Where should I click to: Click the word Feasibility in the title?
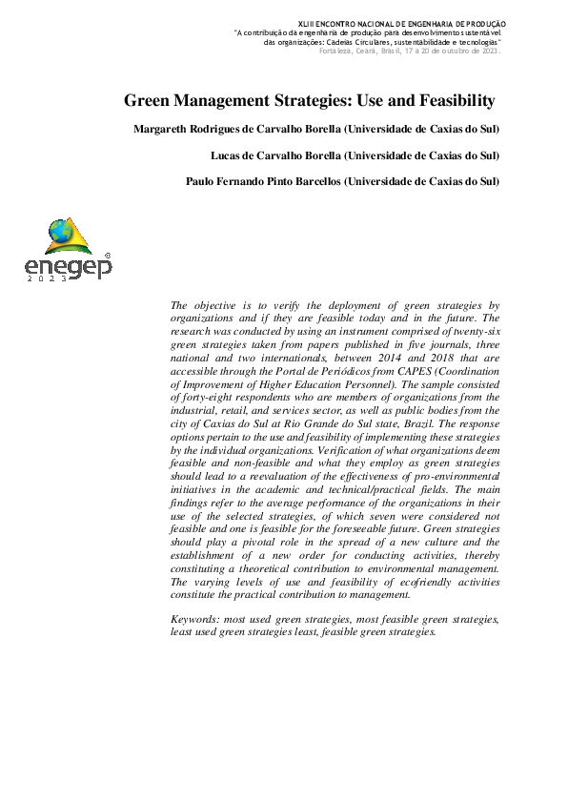[x=452, y=100]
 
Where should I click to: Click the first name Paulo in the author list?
[x=202, y=180]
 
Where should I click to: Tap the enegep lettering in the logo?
[x=68, y=266]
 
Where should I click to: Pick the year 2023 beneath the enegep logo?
[x=49, y=279]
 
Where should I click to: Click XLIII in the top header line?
[x=311, y=23]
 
